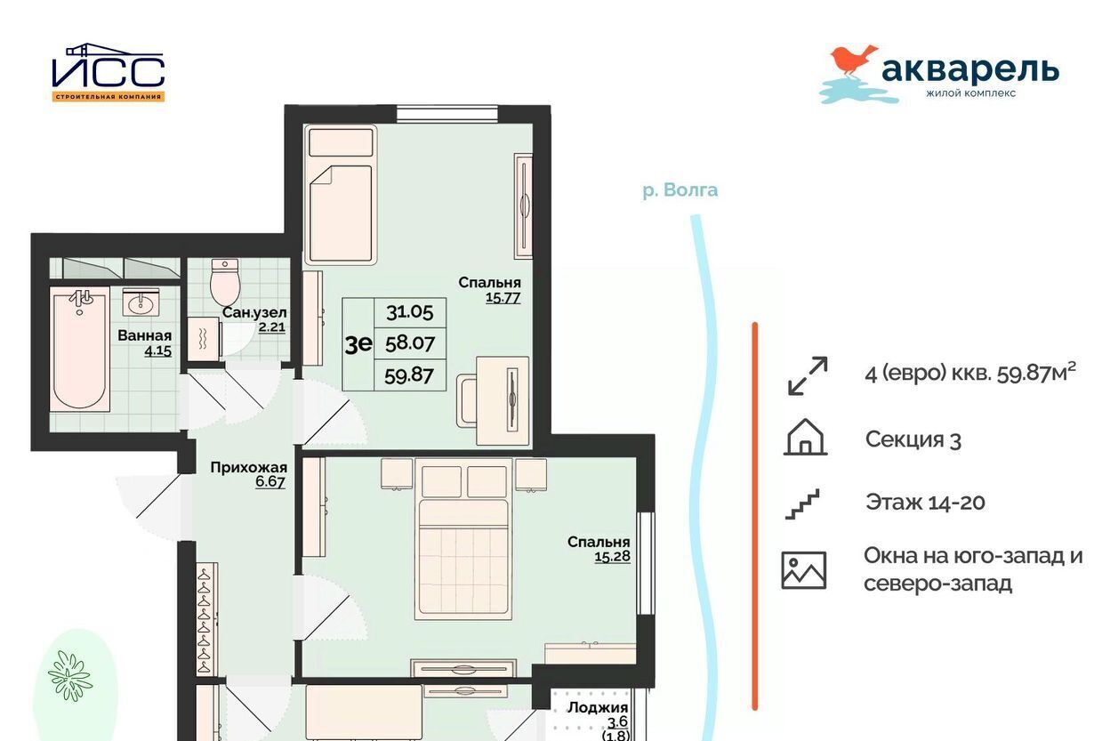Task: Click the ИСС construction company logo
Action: (x=109, y=72)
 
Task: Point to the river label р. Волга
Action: (x=680, y=190)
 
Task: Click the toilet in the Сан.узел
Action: (x=225, y=282)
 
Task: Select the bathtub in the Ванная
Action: (x=79, y=349)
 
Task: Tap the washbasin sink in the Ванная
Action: (x=141, y=302)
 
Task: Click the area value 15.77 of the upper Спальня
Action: (x=503, y=298)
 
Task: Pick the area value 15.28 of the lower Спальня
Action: (x=612, y=557)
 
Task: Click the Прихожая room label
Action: (x=248, y=467)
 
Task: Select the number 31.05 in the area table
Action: (x=409, y=312)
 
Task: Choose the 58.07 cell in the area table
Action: (x=410, y=343)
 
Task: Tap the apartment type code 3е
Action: (x=358, y=344)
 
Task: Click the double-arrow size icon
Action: (x=808, y=376)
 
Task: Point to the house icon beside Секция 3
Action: (x=805, y=437)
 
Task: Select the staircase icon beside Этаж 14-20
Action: (x=802, y=503)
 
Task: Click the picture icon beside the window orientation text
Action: (x=804, y=570)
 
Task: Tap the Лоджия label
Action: (x=598, y=707)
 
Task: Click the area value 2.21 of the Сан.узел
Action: (x=272, y=327)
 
